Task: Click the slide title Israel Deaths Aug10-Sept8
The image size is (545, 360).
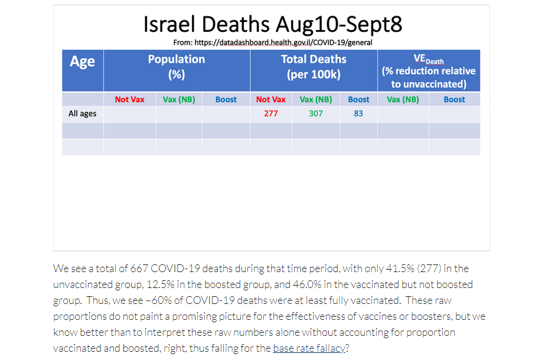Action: pyautogui.click(x=273, y=24)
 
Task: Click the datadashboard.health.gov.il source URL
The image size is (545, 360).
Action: pyautogui.click(x=283, y=42)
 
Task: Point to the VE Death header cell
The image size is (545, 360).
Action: pyautogui.click(x=429, y=71)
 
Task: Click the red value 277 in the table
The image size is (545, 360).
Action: pyautogui.click(x=271, y=114)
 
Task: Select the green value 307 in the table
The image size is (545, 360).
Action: pyautogui.click(x=315, y=114)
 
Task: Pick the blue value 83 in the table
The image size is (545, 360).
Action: pyautogui.click(x=358, y=114)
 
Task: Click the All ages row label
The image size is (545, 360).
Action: pyautogui.click(x=83, y=114)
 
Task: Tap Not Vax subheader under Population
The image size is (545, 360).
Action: pyautogui.click(x=130, y=99)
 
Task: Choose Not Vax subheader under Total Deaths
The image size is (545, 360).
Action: pyautogui.click(x=271, y=99)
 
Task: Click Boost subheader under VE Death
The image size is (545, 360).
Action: pyautogui.click(x=454, y=99)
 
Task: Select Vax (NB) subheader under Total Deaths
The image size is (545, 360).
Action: pyautogui.click(x=315, y=100)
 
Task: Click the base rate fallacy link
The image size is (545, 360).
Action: pyautogui.click(x=309, y=348)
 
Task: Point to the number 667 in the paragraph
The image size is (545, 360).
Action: pyautogui.click(x=139, y=269)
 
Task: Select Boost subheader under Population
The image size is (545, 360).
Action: pyautogui.click(x=226, y=99)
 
